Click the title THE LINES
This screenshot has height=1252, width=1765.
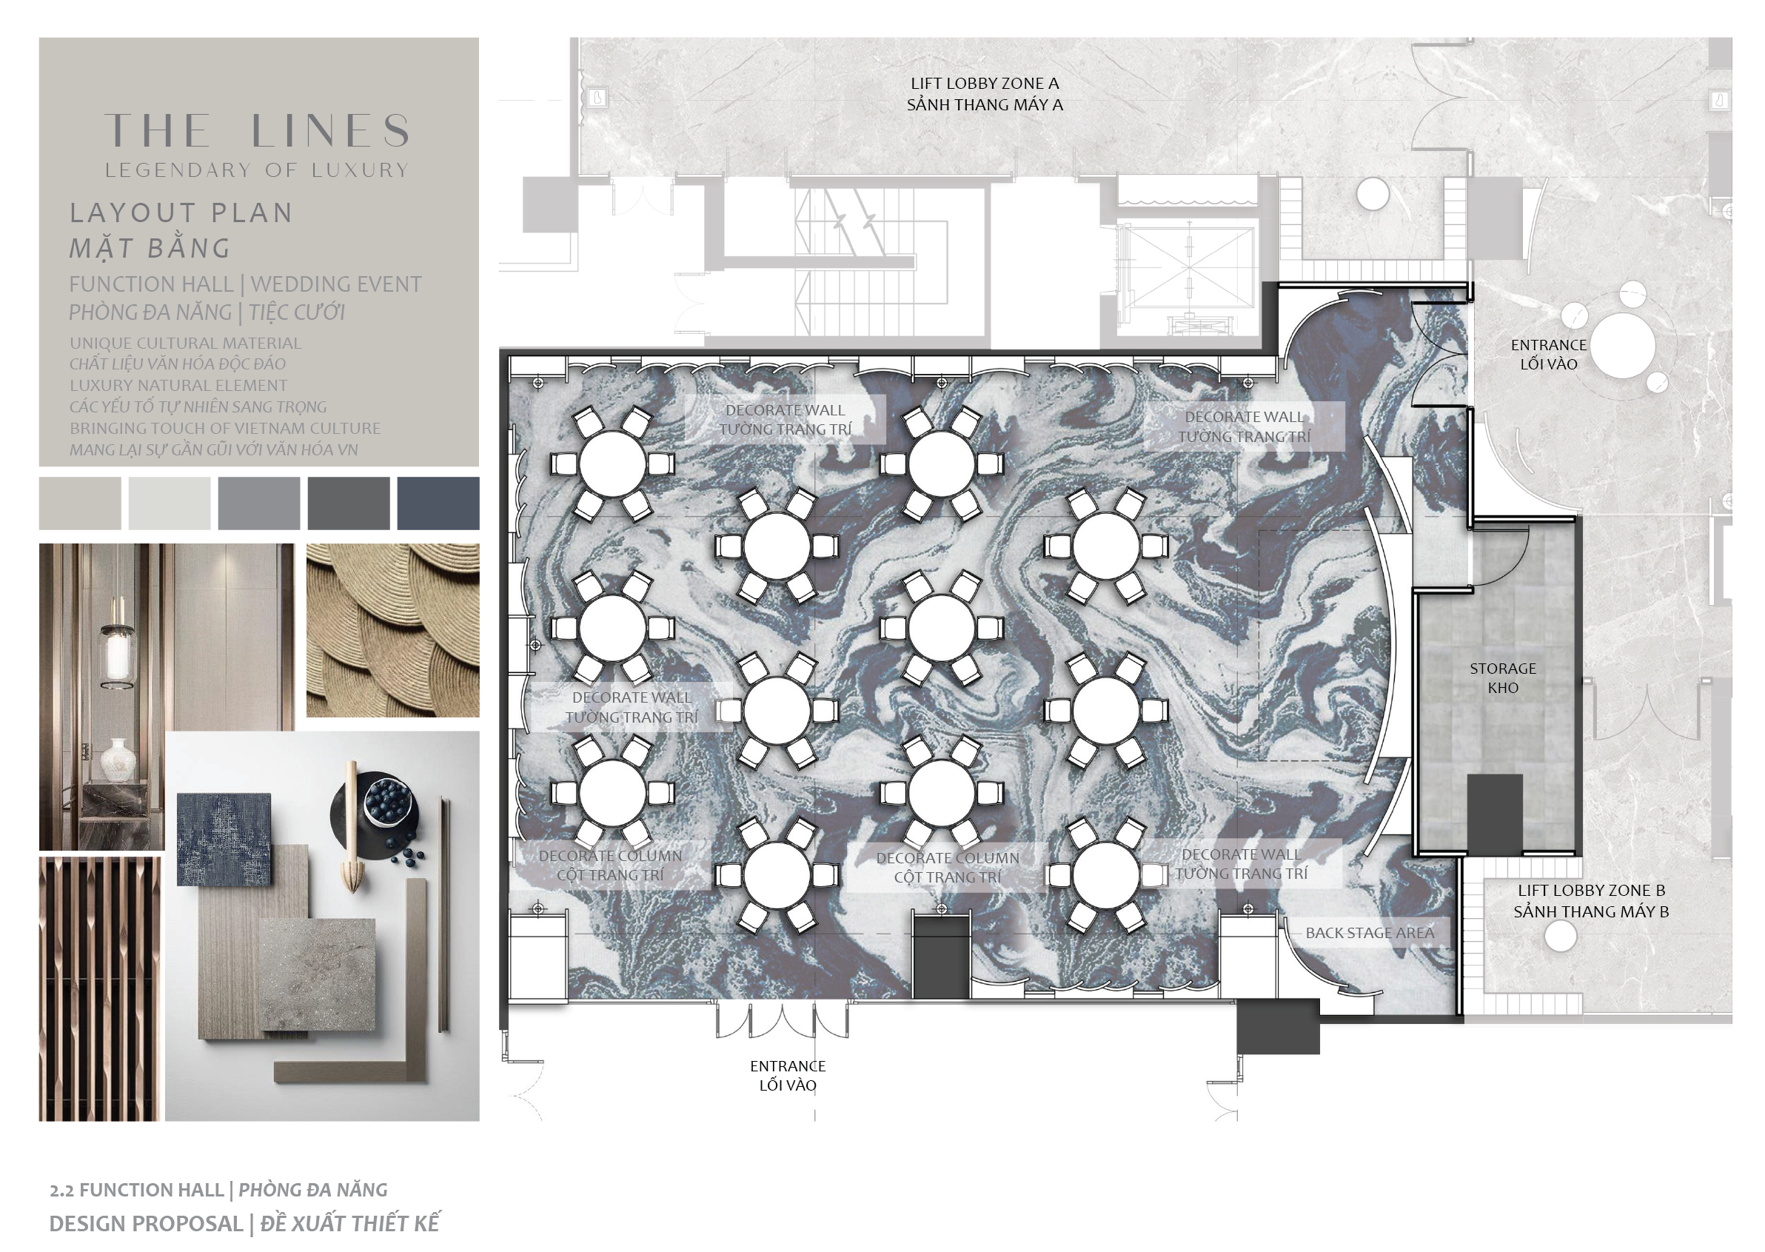coord(257,130)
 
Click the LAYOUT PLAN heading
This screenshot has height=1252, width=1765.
coord(181,212)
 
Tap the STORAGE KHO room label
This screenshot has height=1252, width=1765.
coord(1502,677)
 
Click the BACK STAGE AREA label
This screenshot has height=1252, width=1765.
coord(1370,933)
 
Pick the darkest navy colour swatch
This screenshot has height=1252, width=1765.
coord(438,503)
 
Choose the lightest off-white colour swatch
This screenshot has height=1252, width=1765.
coord(170,503)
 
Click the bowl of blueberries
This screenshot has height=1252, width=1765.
coord(388,800)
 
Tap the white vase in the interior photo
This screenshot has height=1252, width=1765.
coord(117,759)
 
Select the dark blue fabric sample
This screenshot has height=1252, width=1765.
coord(224,840)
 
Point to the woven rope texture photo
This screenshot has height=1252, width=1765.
coord(393,631)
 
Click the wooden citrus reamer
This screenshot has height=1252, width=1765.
coord(352,829)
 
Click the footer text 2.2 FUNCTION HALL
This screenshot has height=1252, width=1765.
coord(136,1191)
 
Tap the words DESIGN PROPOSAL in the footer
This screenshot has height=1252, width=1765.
coord(147,1225)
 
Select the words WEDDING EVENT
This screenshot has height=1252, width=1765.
coord(336,284)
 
